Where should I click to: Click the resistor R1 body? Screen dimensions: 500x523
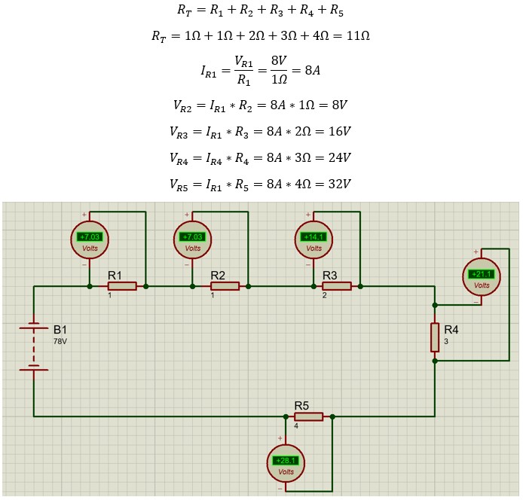(x=122, y=286)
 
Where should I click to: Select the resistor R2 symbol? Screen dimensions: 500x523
(x=225, y=286)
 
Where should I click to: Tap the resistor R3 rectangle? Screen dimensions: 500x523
(x=336, y=286)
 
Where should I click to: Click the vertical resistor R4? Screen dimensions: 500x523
(x=435, y=337)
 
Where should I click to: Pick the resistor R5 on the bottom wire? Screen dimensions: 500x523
(x=308, y=416)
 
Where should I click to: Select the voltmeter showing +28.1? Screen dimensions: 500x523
(x=286, y=463)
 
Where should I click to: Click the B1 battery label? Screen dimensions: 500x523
(x=60, y=330)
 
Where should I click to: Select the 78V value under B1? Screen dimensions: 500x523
(x=60, y=341)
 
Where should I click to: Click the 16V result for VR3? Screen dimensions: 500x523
(x=338, y=132)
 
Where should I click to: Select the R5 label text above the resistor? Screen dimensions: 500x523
(x=301, y=404)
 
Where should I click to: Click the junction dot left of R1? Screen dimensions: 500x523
(x=90, y=286)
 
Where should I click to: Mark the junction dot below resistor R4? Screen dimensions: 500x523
(x=435, y=361)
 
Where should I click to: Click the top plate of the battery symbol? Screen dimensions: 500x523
(x=34, y=328)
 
